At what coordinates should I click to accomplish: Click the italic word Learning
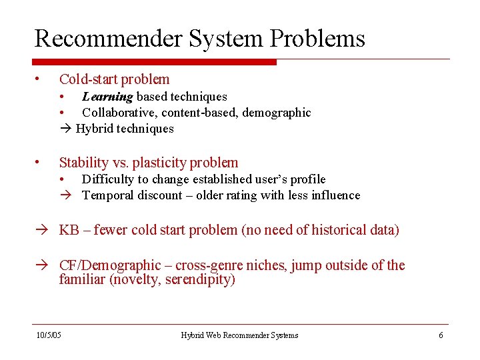(107, 97)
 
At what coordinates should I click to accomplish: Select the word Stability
(83, 162)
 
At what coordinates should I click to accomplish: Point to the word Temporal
(107, 195)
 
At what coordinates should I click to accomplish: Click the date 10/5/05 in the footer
(48, 335)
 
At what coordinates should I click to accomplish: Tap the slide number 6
(441, 335)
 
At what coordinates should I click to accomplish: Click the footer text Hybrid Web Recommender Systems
(239, 335)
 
